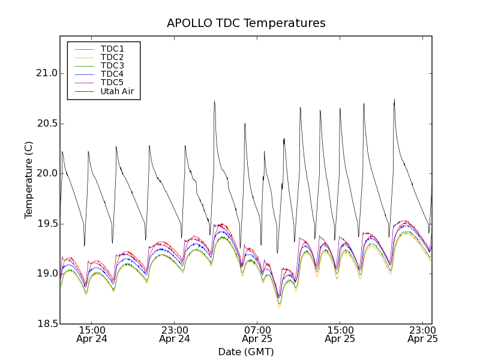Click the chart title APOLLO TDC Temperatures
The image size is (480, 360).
(246, 23)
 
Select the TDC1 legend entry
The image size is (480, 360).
(112, 49)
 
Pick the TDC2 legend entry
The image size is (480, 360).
(112, 57)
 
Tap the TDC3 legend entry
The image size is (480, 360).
(112, 65)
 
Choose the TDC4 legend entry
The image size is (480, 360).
(112, 74)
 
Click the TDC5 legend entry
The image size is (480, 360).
(112, 83)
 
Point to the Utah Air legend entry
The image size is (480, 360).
(117, 92)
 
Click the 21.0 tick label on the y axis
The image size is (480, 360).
(46, 73)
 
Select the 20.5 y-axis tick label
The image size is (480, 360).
(46, 124)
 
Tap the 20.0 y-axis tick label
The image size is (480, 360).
(46, 173)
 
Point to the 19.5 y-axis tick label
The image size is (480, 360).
(46, 224)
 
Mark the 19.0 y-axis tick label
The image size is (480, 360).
(46, 274)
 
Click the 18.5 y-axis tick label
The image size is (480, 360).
(46, 324)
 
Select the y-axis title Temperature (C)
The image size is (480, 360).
(29, 180)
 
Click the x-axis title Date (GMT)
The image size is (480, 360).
(246, 352)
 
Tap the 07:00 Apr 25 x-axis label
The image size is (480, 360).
(257, 334)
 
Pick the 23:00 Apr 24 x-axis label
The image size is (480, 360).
(175, 334)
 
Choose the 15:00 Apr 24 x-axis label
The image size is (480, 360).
(92, 334)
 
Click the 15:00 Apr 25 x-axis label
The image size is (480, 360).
(340, 334)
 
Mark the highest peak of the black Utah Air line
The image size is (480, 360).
(394, 100)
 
